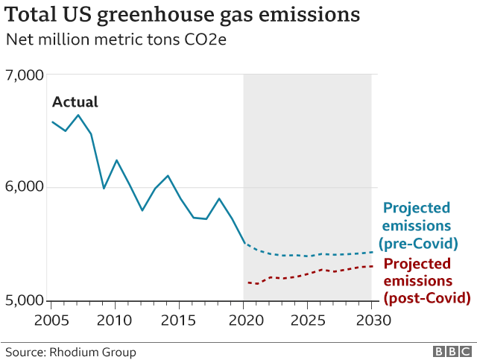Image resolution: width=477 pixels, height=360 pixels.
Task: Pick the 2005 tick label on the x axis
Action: (51, 320)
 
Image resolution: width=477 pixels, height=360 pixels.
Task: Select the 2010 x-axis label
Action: (115, 320)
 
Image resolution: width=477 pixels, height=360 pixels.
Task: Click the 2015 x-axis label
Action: (179, 320)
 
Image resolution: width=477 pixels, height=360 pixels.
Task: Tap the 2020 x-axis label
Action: (243, 320)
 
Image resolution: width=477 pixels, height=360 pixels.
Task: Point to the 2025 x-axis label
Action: (307, 320)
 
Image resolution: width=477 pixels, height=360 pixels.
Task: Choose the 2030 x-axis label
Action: (371, 320)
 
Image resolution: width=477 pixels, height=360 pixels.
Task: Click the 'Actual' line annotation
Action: (75, 103)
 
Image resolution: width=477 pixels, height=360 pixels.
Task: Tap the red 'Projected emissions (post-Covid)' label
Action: (426, 281)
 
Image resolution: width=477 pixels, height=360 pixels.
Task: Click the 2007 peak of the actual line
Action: (78, 115)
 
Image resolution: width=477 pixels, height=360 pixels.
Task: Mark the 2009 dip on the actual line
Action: (104, 188)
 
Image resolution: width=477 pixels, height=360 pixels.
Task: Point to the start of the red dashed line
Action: (247, 282)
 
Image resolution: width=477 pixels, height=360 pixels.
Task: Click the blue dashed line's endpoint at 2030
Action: (373, 252)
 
